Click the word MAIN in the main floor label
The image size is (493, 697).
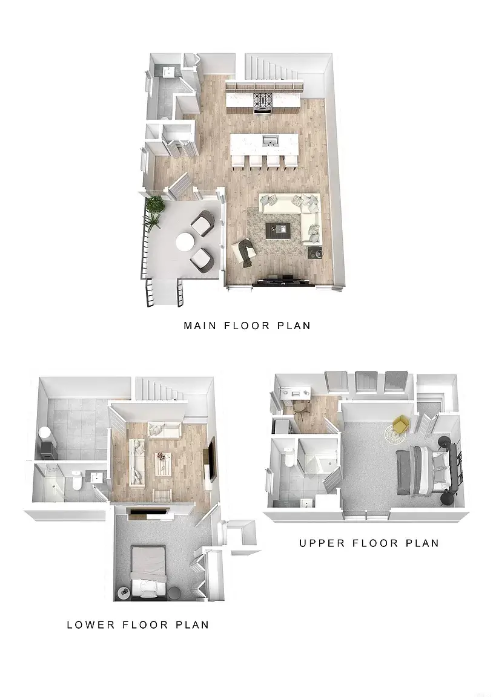[x=200, y=326]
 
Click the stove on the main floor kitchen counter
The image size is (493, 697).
[x=262, y=101]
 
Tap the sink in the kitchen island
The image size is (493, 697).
[x=270, y=142]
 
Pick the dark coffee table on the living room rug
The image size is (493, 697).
[x=277, y=231]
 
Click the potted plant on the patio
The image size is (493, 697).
[x=154, y=211]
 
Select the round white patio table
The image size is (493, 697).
[x=185, y=243]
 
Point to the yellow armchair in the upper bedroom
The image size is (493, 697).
[x=400, y=424]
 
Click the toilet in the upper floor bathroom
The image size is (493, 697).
[x=288, y=457]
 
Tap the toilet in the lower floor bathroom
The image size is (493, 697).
[x=76, y=481]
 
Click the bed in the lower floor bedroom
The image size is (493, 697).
[x=148, y=571]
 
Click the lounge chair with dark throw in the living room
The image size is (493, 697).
[x=244, y=253]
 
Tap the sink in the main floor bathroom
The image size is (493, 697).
[x=169, y=72]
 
